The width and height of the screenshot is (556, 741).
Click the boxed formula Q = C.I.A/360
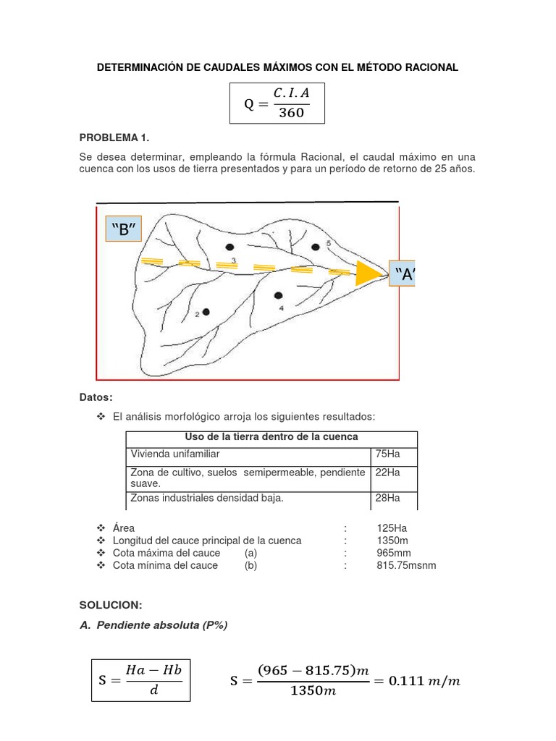click(277, 103)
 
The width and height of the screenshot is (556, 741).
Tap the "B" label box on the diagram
click(124, 230)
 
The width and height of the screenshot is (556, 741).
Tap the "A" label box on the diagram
click(403, 274)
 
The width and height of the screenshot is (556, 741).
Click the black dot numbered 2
click(206, 312)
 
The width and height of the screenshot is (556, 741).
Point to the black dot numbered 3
click(229, 247)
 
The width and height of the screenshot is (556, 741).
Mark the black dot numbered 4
click(278, 295)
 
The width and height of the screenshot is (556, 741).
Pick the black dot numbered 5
click(316, 247)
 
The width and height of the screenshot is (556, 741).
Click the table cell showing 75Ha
click(387, 454)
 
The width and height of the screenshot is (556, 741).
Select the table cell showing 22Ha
click(387, 473)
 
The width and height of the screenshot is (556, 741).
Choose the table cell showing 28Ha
click(387, 498)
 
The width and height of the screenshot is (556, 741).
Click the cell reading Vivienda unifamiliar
click(174, 454)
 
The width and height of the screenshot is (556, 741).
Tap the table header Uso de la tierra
click(271, 437)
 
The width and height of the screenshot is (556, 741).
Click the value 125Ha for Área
click(390, 528)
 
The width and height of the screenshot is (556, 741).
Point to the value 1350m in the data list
click(392, 541)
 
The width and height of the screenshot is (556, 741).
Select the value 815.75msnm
click(406, 565)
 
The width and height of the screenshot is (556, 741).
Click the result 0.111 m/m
click(424, 681)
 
